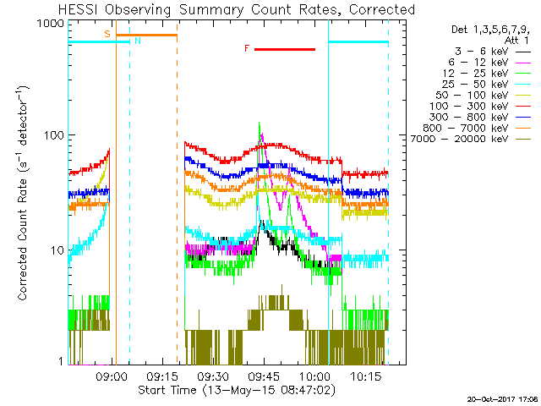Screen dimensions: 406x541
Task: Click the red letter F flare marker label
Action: (x=247, y=49)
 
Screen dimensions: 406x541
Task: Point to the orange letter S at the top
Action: (x=107, y=34)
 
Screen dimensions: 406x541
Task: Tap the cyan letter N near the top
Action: (x=137, y=41)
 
